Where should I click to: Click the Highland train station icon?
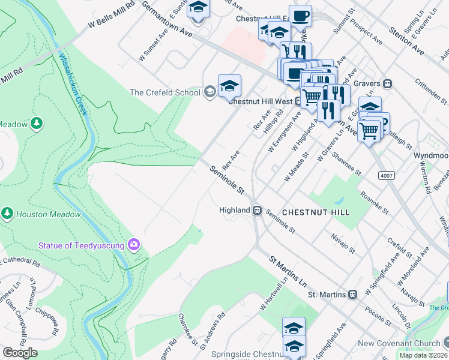click(256, 211)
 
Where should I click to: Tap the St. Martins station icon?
click(353, 295)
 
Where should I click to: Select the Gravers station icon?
click(388, 83)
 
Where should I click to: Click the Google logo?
click(20, 353)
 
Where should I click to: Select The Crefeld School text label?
click(165, 92)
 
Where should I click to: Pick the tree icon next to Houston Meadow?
click(7, 214)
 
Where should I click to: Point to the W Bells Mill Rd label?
click(111, 17)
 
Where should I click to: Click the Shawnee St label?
click(347, 163)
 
